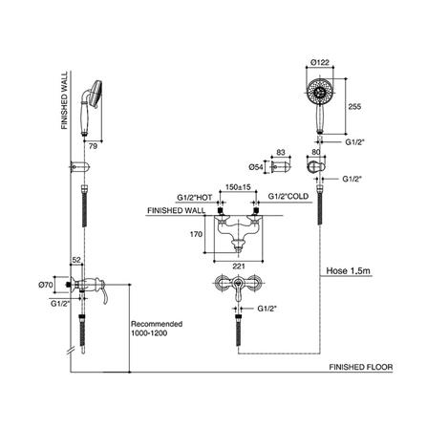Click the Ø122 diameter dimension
click(x=320, y=62)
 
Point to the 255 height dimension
click(x=354, y=107)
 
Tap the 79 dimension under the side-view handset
click(x=93, y=146)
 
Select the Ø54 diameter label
click(x=256, y=167)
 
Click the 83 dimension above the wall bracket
click(x=281, y=152)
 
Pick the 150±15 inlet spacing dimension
click(x=238, y=187)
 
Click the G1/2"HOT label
click(x=195, y=198)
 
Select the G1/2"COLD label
click(x=288, y=197)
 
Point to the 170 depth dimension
click(x=196, y=234)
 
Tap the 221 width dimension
click(x=239, y=267)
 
